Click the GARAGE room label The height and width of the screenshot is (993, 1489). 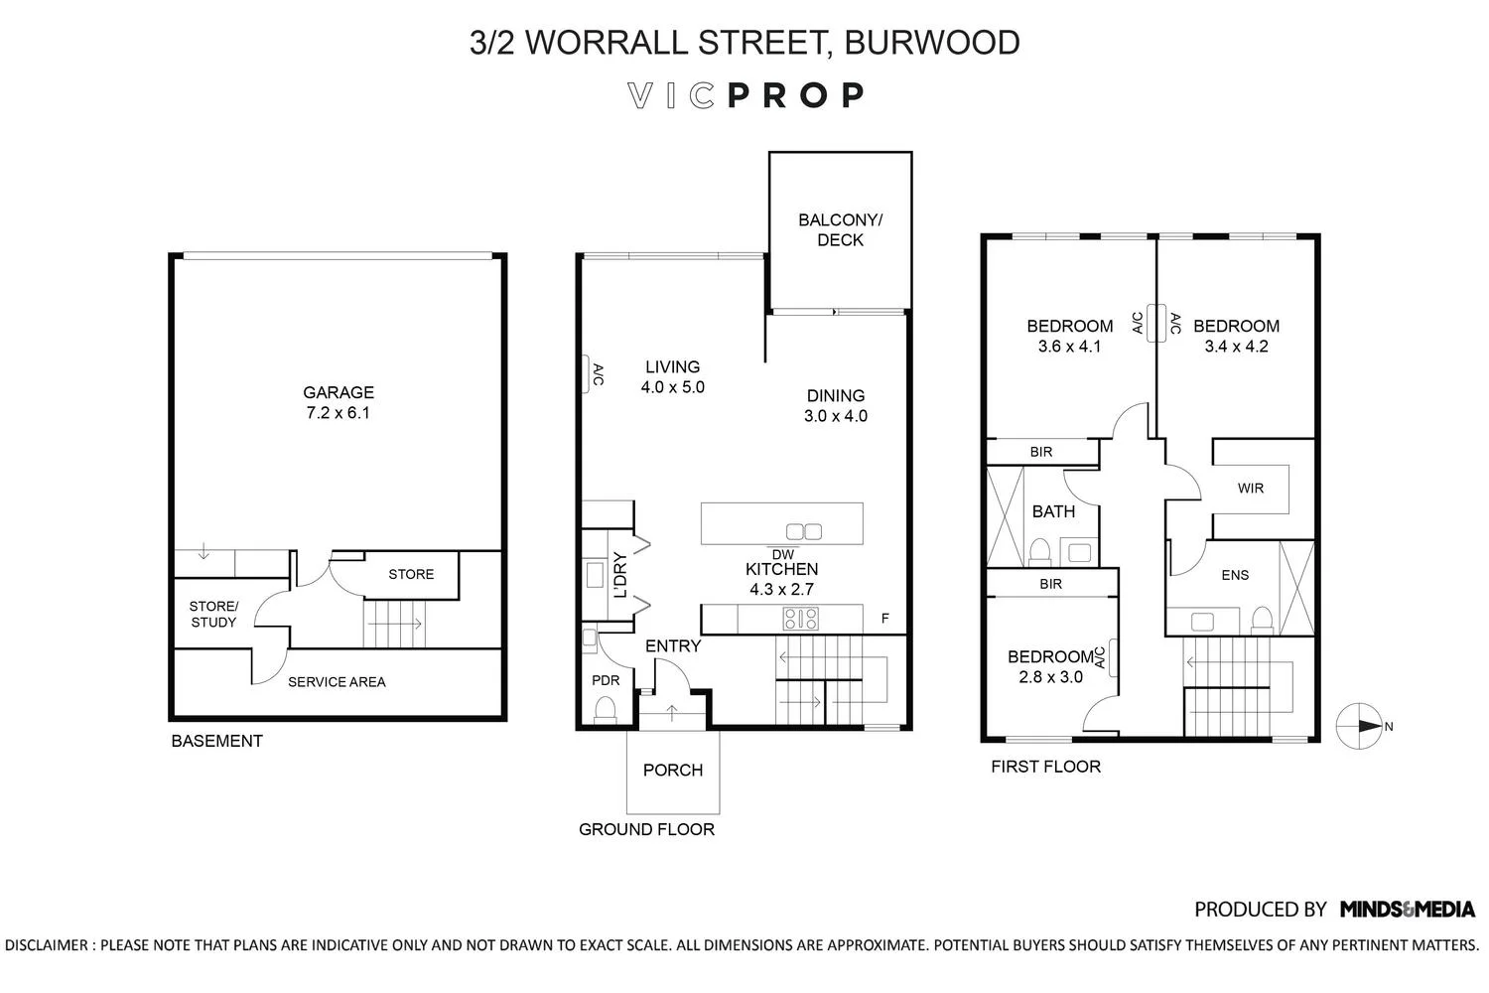click(x=338, y=392)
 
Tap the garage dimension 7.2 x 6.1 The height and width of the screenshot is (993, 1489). click(x=338, y=413)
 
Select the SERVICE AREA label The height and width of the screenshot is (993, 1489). click(x=337, y=682)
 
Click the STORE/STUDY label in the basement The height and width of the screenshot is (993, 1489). click(x=213, y=614)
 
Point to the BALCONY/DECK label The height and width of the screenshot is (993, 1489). click(x=840, y=229)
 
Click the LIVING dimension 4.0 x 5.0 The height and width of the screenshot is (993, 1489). click(x=672, y=387)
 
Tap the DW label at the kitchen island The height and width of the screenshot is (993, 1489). click(x=782, y=554)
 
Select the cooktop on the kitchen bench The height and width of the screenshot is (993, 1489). click(x=801, y=620)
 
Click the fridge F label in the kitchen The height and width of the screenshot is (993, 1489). click(x=885, y=619)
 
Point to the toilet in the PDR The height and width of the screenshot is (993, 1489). click(x=604, y=709)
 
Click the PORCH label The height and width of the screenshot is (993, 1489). click(x=672, y=770)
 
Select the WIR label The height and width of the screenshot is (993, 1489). click(x=1251, y=488)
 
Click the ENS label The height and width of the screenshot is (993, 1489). click(x=1235, y=575)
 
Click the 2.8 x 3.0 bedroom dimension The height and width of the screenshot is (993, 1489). click(x=1050, y=677)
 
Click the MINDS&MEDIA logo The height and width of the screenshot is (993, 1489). click(x=1407, y=909)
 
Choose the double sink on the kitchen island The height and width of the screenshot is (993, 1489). click(x=804, y=530)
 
